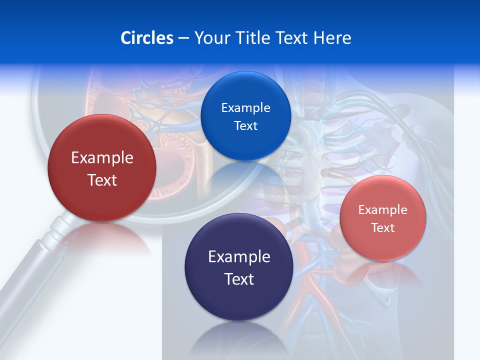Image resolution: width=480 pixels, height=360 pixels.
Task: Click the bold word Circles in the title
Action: pos(147,38)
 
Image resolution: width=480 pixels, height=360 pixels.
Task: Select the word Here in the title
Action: pos(332,38)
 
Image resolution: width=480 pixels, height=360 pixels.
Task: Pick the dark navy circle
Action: pos(239,300)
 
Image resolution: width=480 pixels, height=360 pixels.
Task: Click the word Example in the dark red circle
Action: pos(102,158)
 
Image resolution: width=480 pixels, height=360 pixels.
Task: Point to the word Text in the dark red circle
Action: pos(102,180)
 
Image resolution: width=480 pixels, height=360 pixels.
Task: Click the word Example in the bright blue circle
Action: pos(246,108)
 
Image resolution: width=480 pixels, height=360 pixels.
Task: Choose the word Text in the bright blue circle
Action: pos(246,126)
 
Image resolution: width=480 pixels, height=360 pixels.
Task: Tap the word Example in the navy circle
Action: pos(239,257)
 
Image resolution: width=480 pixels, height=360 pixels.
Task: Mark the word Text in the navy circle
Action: pos(239,279)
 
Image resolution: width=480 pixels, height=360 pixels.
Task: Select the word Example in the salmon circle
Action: pos(383,210)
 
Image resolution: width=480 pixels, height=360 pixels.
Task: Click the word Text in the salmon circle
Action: pos(383,228)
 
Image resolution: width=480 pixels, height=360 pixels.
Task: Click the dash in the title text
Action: pos(183,38)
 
